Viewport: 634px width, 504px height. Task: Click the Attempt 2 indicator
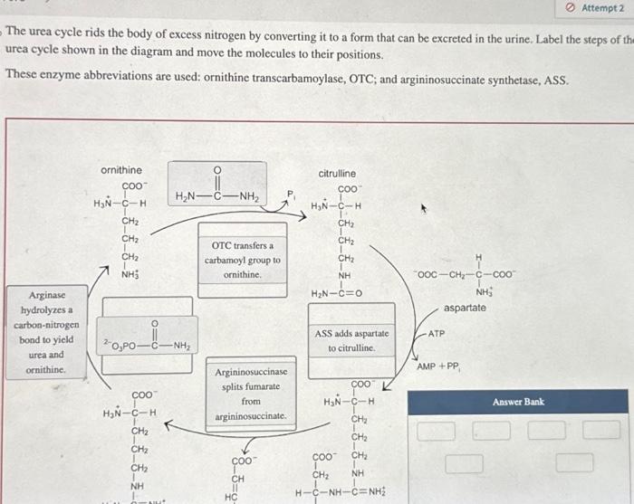click(602, 8)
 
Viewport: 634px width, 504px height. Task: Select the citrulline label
click(337, 174)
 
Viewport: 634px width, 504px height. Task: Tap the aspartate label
click(466, 308)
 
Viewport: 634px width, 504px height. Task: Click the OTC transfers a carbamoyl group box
click(242, 259)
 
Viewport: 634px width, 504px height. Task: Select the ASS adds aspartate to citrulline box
click(351, 340)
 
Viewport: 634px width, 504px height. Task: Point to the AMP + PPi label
click(438, 366)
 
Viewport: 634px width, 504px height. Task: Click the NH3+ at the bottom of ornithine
click(130, 273)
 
